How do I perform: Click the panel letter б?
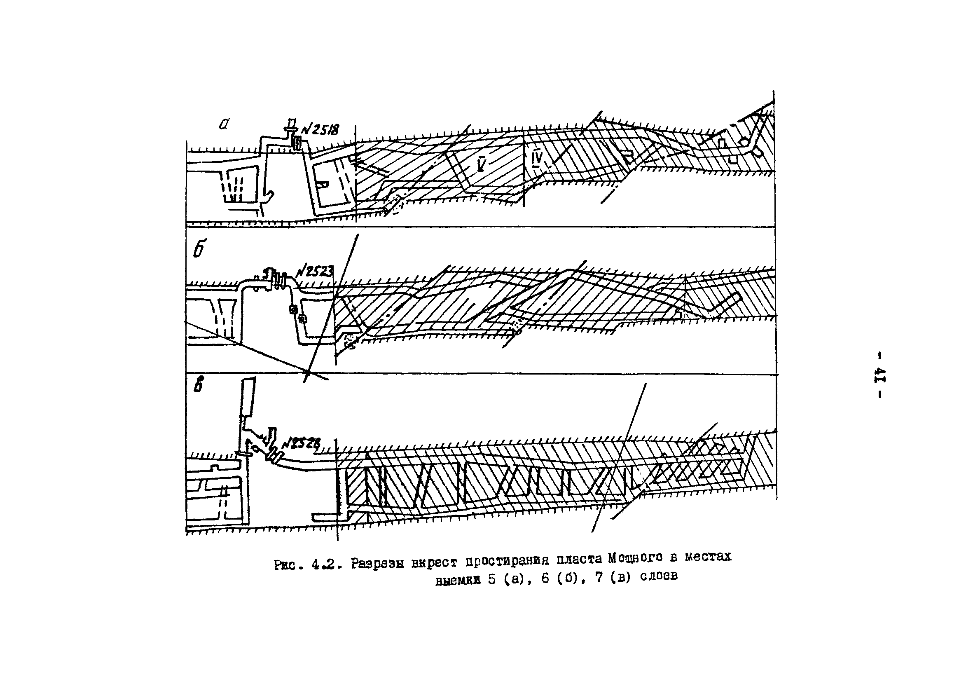[199, 250]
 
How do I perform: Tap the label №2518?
[320, 129]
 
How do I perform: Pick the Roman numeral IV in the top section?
[537, 158]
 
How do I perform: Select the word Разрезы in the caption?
[377, 563]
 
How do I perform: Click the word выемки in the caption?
[458, 581]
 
